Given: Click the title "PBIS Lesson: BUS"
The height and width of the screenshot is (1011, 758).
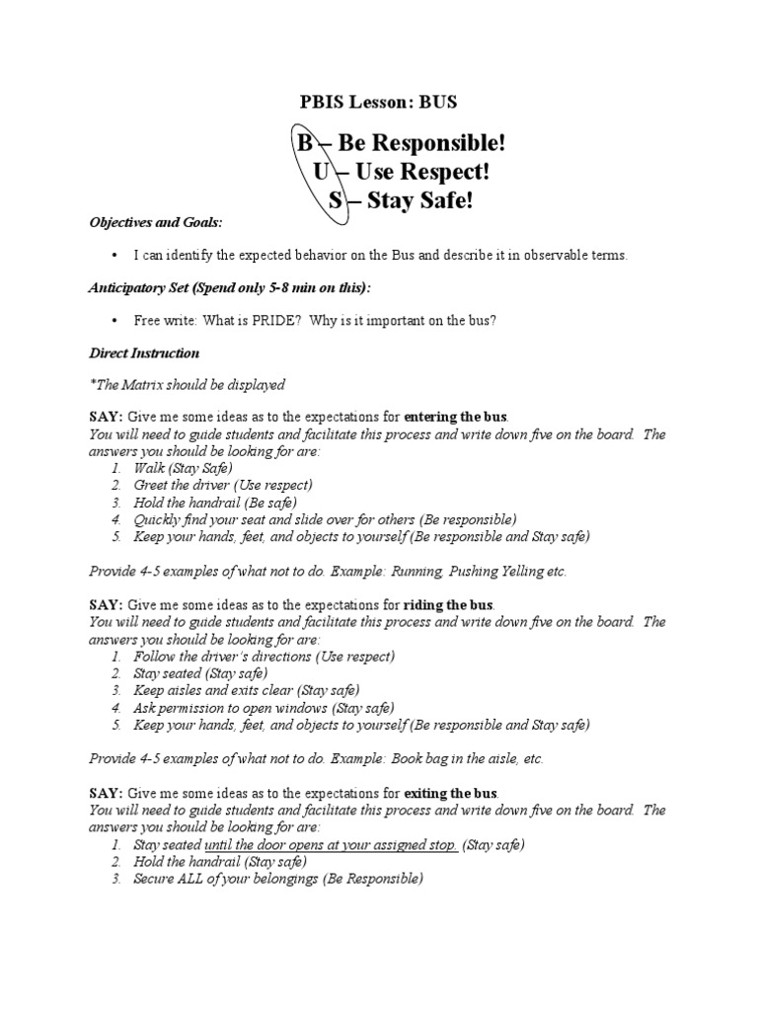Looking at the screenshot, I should click(379, 102).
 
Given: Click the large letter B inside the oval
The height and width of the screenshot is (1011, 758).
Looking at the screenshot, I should click(305, 145).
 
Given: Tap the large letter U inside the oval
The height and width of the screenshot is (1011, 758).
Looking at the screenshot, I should click(321, 173).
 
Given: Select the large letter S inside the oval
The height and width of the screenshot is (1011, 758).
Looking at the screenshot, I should click(336, 201).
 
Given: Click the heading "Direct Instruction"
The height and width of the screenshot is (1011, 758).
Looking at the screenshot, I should click(144, 352).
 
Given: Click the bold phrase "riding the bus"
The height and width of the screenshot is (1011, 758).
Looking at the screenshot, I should click(449, 605).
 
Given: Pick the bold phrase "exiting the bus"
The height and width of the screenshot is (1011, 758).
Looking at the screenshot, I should click(451, 793).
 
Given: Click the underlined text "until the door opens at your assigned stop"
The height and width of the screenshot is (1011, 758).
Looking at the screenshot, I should click(330, 844).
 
